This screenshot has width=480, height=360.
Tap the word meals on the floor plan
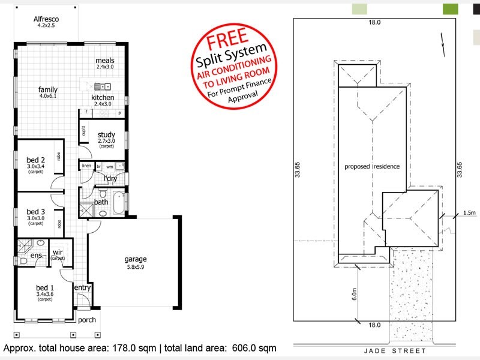point(105,61)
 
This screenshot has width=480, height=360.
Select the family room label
point(48,89)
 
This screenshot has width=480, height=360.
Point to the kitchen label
point(103,98)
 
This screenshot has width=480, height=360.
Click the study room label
point(106,134)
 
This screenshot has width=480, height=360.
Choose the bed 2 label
point(36,160)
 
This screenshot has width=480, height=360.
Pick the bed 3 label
point(36,211)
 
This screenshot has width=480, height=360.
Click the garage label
point(136,259)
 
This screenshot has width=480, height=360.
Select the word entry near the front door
point(82,288)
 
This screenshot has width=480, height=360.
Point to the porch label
point(88,320)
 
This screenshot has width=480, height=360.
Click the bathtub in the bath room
point(119,203)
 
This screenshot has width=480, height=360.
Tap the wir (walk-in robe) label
point(58,252)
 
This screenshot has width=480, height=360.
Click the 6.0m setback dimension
point(355,295)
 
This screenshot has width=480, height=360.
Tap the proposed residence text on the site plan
point(372,166)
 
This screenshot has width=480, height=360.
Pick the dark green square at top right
point(450,8)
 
